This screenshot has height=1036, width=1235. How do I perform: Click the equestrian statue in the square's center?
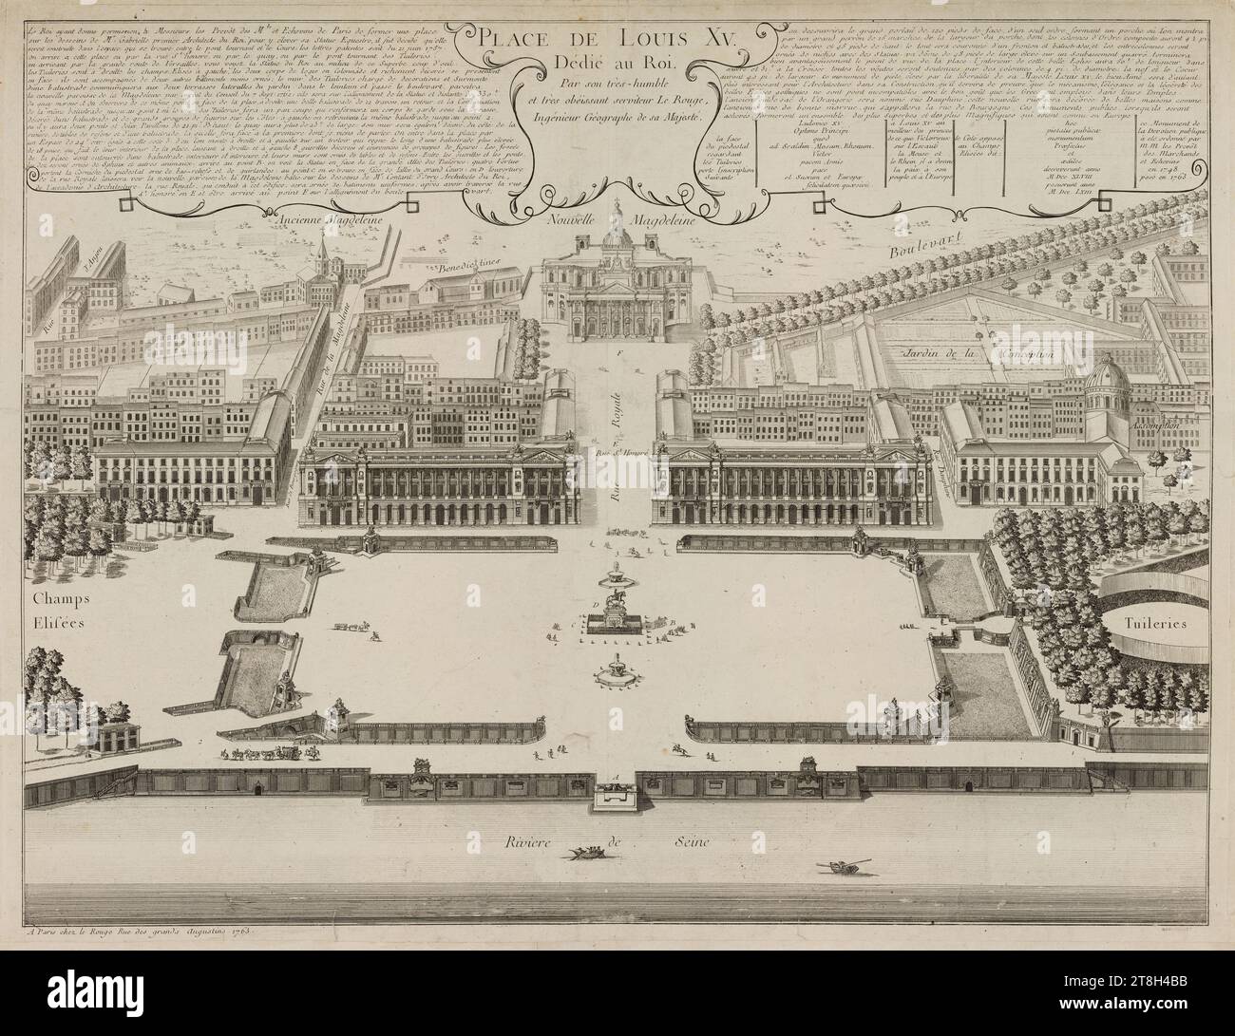point(617,608)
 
